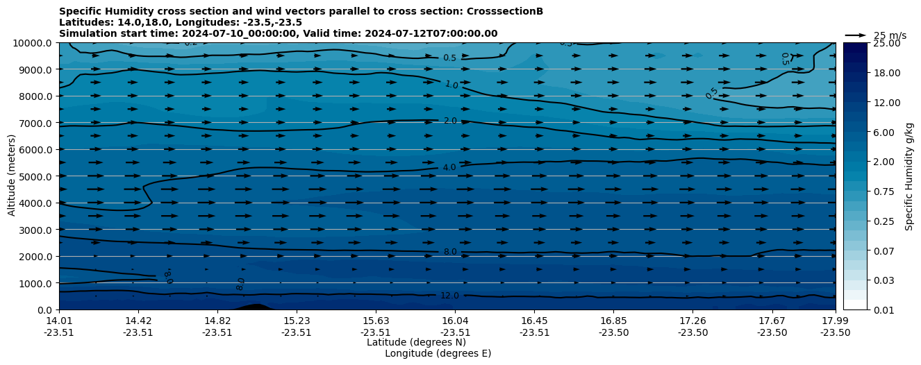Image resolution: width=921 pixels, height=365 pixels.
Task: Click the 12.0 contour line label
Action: pos(449,296)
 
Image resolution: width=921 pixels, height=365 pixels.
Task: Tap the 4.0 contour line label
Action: pos(449,167)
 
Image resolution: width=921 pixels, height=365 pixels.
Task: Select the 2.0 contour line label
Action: pos(450,121)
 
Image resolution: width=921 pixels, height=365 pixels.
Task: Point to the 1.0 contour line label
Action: pos(451,84)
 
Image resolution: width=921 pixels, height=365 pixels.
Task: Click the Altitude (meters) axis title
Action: pos(12,176)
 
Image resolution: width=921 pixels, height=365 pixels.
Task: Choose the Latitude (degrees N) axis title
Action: pos(416,342)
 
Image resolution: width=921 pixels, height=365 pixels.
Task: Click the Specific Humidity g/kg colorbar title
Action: pos(909,176)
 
